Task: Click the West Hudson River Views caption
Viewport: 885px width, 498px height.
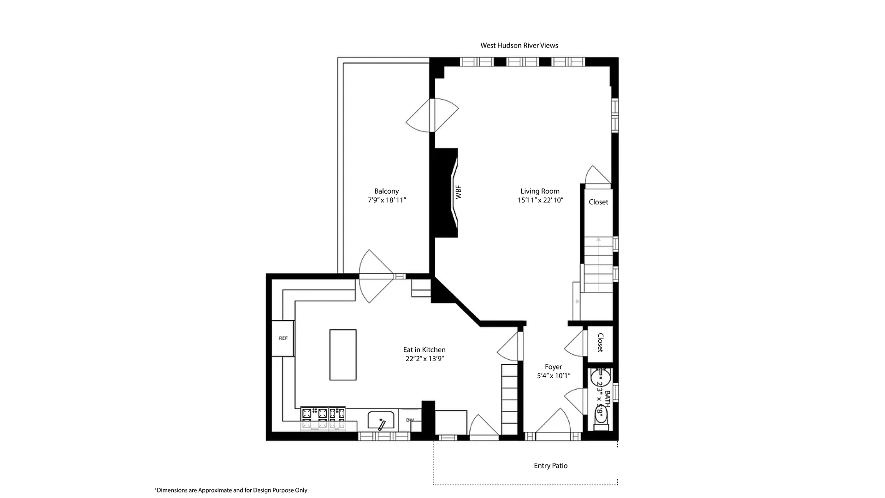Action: coord(519,45)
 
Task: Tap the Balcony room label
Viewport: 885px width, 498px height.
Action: coord(386,191)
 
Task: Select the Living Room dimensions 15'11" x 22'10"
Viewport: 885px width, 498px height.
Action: coord(540,200)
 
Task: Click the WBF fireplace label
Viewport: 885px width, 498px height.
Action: coord(458,193)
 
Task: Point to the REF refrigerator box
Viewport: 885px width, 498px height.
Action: coord(283,338)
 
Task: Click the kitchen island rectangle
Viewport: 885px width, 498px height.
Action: coord(343,355)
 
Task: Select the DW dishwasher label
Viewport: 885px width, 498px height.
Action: coord(410,420)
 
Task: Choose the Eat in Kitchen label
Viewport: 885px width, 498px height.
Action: coord(424,350)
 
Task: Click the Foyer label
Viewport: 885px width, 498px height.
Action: coord(553,367)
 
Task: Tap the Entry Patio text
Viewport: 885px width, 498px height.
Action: coord(550,466)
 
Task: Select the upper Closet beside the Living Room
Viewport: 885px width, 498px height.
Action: coord(598,202)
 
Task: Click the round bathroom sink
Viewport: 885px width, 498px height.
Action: coord(600,377)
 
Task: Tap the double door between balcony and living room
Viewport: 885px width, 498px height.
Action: coord(432,115)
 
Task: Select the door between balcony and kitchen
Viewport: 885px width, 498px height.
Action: coord(376,276)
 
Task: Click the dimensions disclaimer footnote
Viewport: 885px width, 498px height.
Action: coord(230,490)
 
